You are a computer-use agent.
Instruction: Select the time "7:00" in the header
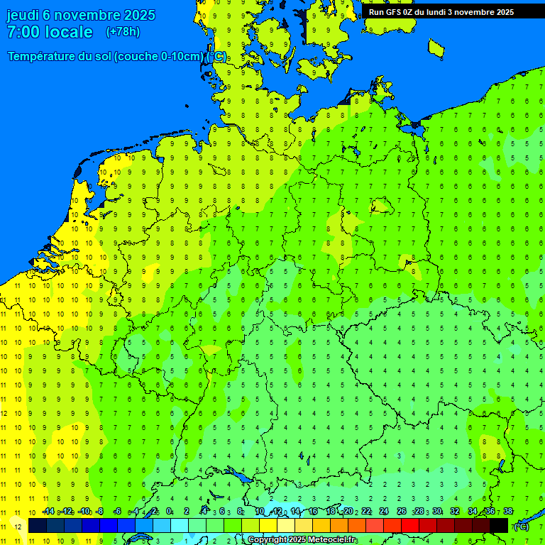pos(23,32)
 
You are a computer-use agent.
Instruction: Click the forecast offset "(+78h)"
pos(123,32)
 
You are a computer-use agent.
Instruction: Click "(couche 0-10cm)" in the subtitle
pos(160,57)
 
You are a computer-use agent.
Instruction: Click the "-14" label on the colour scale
pos(48,511)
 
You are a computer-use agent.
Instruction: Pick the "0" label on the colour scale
pos(169,511)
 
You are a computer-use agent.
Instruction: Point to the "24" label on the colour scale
pos(384,511)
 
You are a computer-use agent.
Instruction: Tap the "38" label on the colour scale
pos(508,511)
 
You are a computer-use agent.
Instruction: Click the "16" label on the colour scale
pos(313,511)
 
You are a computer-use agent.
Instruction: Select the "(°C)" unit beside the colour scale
pos(522,526)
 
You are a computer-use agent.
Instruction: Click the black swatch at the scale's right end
pos(499,525)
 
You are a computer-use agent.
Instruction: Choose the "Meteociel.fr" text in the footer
pos(333,540)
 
